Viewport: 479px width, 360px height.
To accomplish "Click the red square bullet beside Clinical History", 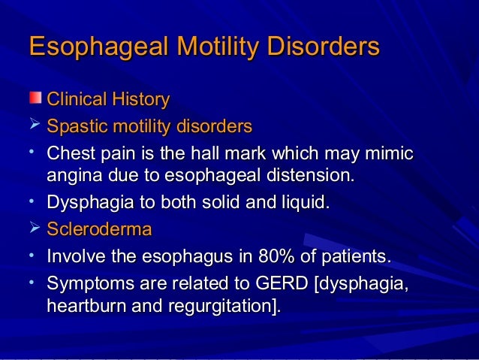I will [x=35, y=98].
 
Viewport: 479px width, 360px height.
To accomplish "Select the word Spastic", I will [x=72, y=126].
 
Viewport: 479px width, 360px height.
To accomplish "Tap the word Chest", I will [x=68, y=154].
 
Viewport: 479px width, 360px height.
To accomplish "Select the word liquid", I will [x=306, y=203].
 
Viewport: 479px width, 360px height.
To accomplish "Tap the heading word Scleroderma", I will [x=99, y=229].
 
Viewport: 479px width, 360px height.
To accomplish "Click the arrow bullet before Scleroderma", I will [x=33, y=228].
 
